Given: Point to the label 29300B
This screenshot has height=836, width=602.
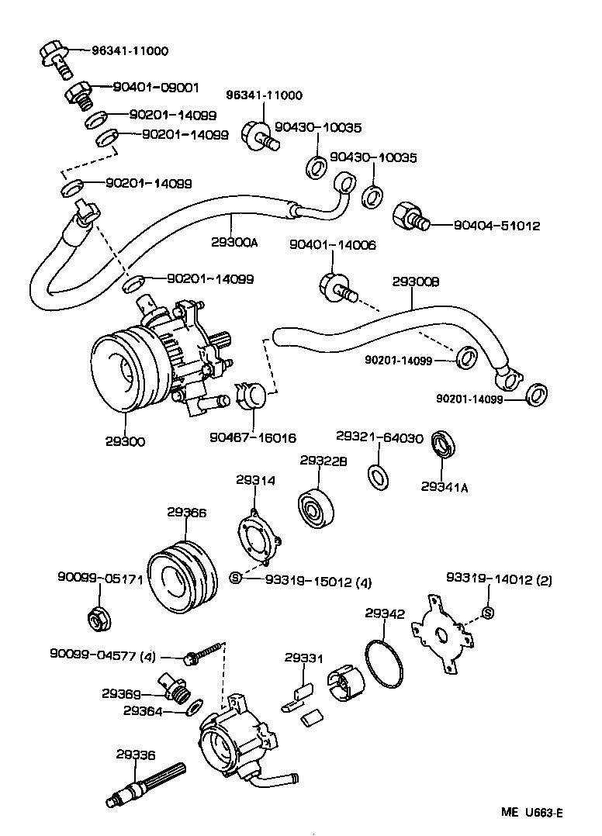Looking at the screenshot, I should (416, 284).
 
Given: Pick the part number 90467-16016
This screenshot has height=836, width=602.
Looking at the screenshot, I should (252, 438).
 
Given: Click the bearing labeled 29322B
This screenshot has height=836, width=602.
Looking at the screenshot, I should (318, 508).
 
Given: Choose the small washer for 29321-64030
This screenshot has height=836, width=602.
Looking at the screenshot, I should (377, 477).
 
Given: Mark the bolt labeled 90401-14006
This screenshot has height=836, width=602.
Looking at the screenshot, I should (336, 286).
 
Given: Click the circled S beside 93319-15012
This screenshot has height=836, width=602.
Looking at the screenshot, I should (237, 577).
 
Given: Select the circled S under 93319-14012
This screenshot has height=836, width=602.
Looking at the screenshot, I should (487, 614).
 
